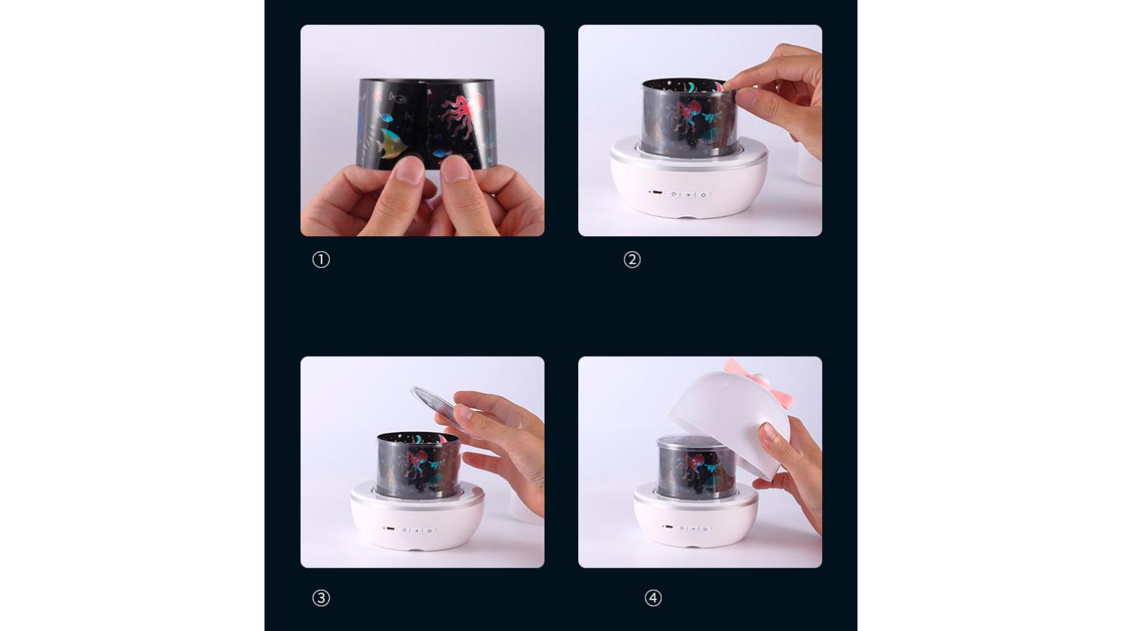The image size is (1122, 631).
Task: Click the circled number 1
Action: (321, 259)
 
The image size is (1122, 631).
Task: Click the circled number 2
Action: (632, 259)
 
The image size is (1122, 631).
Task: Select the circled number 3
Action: (321, 598)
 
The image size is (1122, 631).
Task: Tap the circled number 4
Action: (653, 598)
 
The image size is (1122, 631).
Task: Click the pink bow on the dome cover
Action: (759, 381)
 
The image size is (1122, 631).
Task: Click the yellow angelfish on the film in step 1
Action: (392, 143)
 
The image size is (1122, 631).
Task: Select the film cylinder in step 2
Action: (689, 118)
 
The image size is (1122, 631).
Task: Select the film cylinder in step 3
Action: (417, 465)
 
